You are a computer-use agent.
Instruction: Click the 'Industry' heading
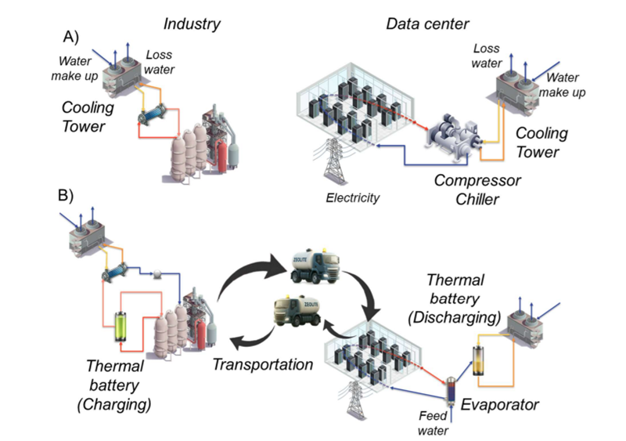(192, 24)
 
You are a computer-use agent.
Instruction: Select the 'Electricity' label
(353, 197)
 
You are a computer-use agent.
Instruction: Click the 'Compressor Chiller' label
(479, 190)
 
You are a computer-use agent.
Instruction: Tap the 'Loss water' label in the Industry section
(157, 63)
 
